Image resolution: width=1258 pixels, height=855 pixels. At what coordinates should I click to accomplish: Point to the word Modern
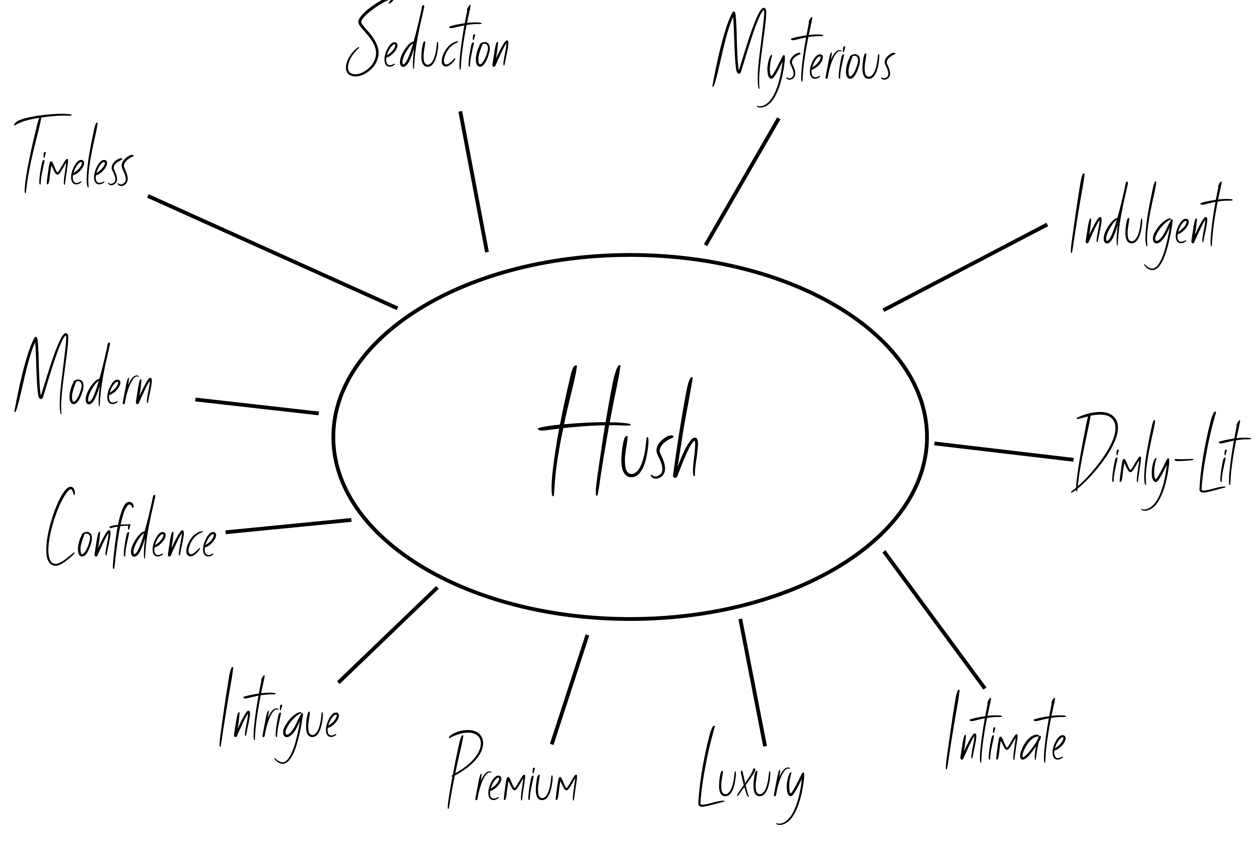pyautogui.click(x=84, y=379)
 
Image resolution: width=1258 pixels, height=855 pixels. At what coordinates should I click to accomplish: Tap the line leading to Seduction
pyautogui.click(x=474, y=181)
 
